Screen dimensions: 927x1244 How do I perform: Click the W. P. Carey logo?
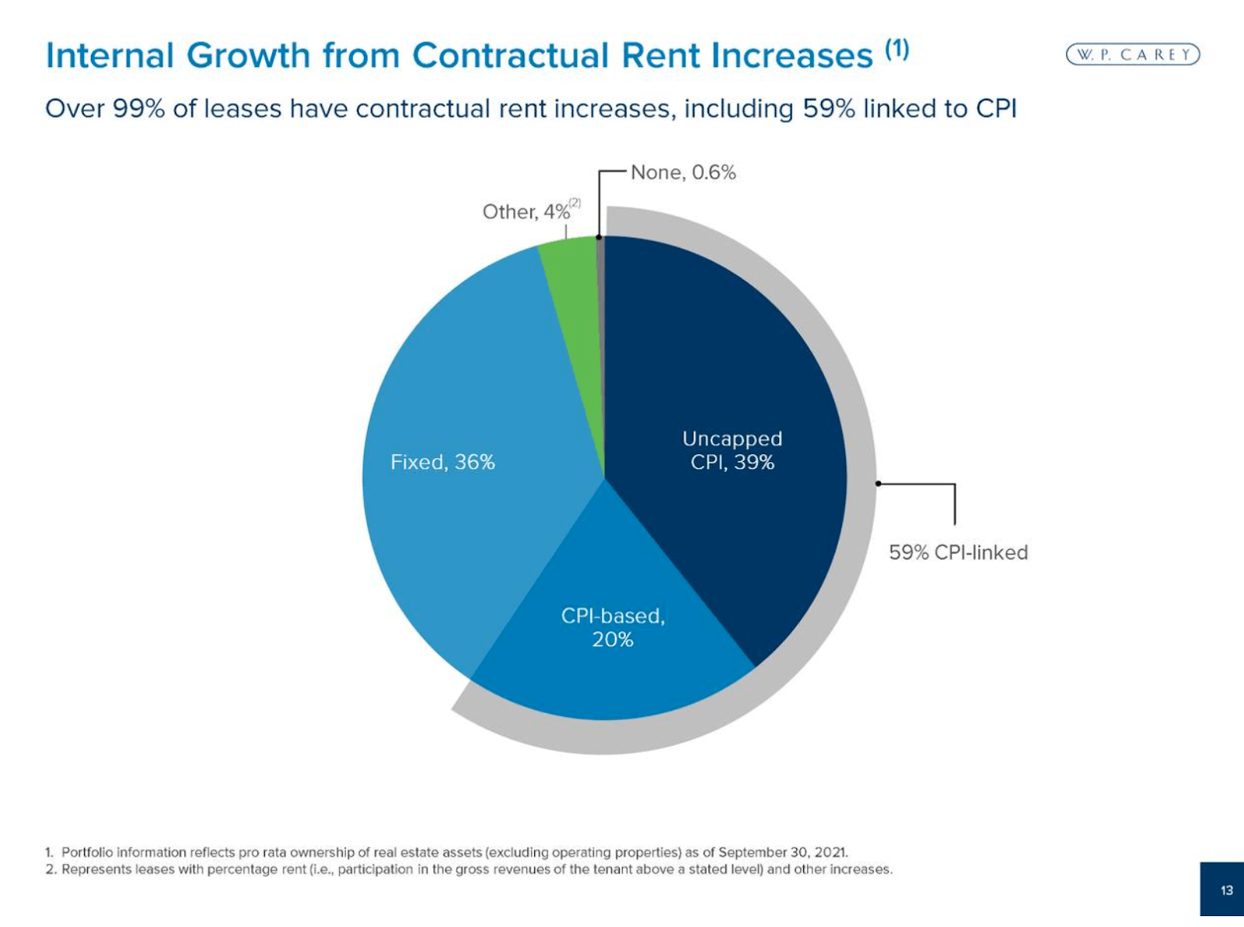1133,54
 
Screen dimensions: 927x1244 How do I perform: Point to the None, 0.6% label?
683,173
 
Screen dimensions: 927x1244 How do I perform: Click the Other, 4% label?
526,212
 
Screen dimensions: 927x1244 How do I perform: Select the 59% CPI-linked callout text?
958,552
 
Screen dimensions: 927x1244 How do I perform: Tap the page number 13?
1226,890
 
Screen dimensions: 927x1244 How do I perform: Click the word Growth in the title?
248,56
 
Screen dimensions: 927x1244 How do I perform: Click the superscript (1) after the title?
896,50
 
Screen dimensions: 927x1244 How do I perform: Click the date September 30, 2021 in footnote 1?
782,852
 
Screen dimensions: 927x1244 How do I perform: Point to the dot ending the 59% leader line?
879,484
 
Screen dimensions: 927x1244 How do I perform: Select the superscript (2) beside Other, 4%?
575,202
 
